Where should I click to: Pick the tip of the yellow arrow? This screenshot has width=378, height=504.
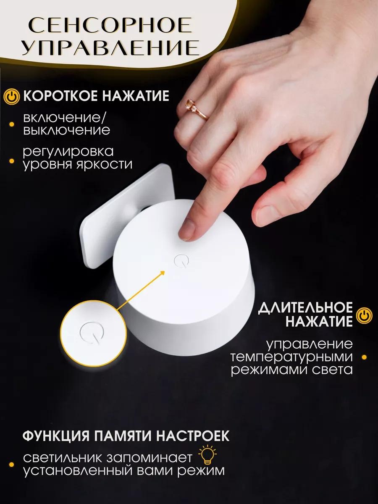165,271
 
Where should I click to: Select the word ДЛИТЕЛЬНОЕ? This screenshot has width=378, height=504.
305,307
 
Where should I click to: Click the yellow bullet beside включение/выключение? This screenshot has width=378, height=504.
11,124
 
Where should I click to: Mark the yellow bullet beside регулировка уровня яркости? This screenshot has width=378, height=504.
11,161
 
